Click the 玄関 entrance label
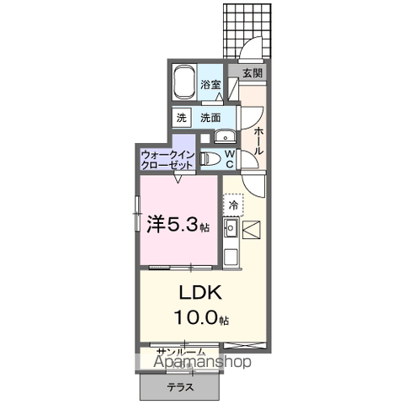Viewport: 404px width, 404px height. (x=252, y=73)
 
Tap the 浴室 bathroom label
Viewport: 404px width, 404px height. (x=211, y=85)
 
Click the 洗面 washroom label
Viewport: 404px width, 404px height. (x=211, y=118)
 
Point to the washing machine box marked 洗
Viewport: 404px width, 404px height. (x=182, y=118)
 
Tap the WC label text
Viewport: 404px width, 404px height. (x=231, y=157)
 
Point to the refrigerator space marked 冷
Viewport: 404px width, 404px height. (x=232, y=204)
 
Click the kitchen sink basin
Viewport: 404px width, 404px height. (x=231, y=226)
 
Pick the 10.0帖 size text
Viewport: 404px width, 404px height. (x=203, y=318)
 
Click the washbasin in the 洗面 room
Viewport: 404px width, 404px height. (x=224, y=138)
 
